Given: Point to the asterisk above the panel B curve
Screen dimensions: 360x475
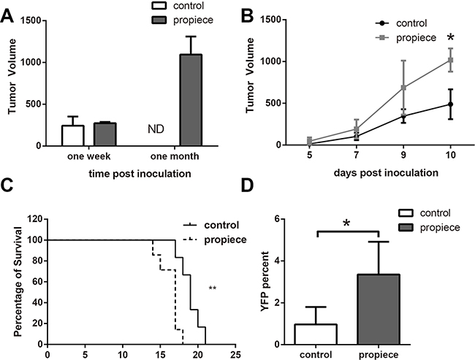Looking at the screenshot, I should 451,37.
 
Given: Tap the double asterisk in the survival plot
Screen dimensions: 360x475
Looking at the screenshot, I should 213,288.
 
